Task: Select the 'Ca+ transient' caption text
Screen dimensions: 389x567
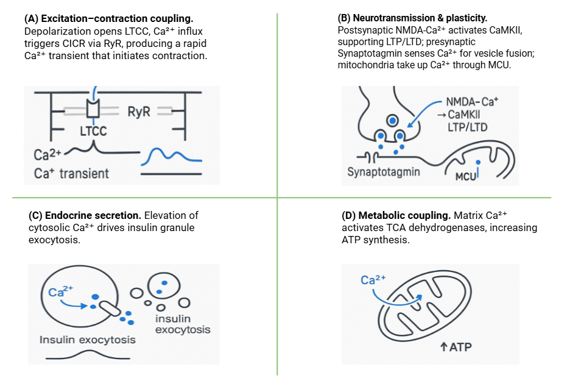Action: click(x=71, y=173)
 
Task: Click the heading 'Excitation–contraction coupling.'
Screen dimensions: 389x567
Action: click(x=101, y=18)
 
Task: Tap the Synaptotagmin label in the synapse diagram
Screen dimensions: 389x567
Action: click(x=384, y=171)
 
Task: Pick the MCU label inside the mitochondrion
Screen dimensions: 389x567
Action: click(x=466, y=176)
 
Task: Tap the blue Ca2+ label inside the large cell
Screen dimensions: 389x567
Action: click(x=57, y=291)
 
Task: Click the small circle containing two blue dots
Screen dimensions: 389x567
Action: click(x=163, y=284)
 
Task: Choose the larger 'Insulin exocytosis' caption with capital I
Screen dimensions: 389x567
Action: click(x=87, y=340)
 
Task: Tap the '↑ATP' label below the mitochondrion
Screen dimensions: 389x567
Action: click(x=456, y=348)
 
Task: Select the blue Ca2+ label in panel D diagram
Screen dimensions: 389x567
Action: click(x=373, y=280)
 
